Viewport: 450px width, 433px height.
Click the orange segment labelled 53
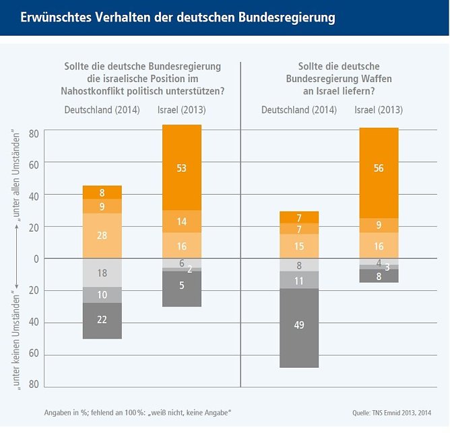tap(182, 168)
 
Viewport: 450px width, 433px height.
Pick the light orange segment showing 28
tap(102, 236)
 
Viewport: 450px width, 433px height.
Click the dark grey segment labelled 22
tap(102, 321)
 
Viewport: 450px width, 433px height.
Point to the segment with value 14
tap(182, 222)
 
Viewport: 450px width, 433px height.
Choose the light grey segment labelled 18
tap(102, 273)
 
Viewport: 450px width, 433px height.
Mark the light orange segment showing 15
tap(299, 246)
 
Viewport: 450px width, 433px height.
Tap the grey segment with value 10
tap(102, 295)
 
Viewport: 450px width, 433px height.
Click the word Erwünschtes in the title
tap(53, 18)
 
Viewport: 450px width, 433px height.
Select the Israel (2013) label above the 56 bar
tap(378, 110)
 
